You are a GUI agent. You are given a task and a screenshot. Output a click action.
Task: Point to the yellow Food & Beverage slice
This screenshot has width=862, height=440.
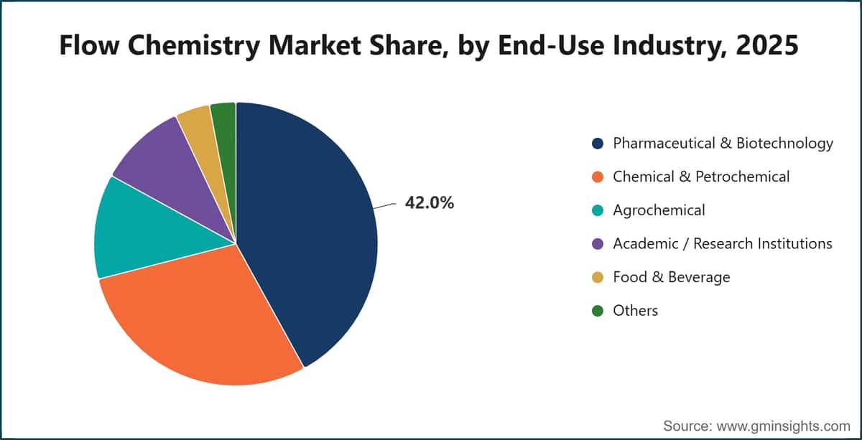pos(204,135)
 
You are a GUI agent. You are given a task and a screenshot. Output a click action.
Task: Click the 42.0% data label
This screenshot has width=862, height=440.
pos(430,202)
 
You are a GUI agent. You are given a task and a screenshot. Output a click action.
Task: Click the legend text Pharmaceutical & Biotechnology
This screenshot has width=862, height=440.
pos(723,144)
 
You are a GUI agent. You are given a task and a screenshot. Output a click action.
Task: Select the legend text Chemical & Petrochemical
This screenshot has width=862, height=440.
pos(701,177)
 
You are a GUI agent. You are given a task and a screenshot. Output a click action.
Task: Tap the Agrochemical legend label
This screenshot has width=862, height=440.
pos(659,210)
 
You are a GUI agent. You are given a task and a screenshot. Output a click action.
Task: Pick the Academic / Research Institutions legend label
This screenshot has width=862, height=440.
pos(723,244)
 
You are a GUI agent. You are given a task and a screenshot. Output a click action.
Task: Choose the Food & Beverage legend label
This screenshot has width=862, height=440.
pos(672,277)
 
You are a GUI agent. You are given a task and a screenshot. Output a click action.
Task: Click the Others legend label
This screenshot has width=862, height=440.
pos(635,311)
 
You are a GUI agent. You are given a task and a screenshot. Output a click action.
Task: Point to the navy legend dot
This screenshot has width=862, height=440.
pos(598,144)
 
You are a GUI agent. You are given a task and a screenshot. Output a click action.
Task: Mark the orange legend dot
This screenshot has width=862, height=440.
pos(598,177)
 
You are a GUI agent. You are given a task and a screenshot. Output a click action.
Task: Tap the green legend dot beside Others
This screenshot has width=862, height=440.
pos(598,311)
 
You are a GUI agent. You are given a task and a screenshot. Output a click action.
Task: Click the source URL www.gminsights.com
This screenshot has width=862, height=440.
pos(783,426)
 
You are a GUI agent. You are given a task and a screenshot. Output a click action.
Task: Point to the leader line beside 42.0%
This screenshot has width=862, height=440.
pos(384,206)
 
